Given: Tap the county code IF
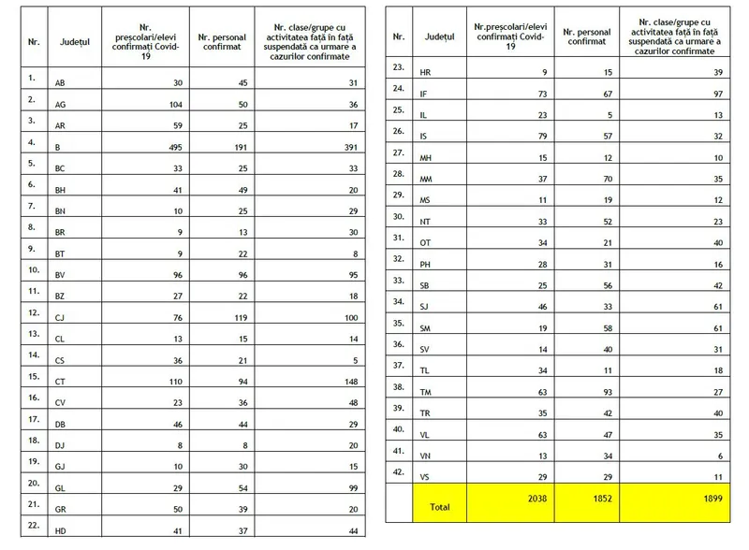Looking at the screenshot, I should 425,94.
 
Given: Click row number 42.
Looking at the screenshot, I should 399,470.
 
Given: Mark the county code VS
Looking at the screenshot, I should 426,477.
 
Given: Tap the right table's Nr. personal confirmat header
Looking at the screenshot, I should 586,36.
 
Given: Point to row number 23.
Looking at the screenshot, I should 399,65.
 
